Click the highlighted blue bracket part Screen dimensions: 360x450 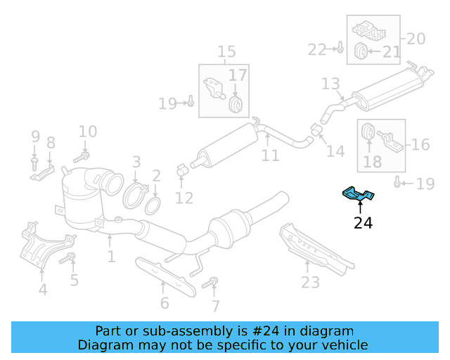coord(359,194)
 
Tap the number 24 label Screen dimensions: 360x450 coord(364,224)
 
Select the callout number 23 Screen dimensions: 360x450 coord(310,282)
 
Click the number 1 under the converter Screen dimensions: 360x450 coord(110,257)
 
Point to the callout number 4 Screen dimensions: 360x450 coord(43,289)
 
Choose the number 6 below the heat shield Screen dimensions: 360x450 coord(165,303)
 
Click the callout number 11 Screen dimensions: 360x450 coord(271,155)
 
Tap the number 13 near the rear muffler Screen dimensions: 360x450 coord(330,84)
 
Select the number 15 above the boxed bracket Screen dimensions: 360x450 coord(226,52)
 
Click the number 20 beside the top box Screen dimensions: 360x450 coord(416,39)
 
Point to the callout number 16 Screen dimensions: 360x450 coord(420,145)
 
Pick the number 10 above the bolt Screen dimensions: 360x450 coord(87,131)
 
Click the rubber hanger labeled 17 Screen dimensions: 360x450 coord(237,104)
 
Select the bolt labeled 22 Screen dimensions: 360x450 coord(340,49)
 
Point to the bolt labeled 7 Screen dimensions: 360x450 coord(208,284)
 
